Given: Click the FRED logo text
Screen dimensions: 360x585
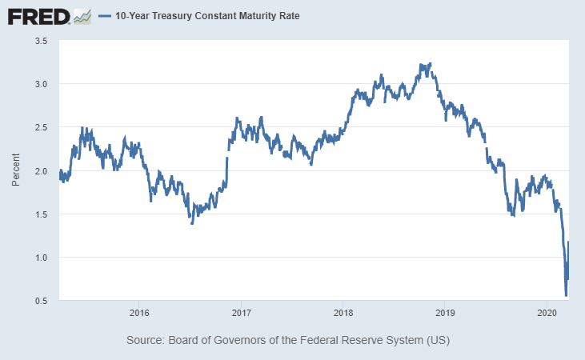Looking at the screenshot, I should (37, 15).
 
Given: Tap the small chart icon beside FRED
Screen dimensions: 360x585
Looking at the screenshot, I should (82, 15).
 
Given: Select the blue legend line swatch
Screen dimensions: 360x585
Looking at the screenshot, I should (104, 16).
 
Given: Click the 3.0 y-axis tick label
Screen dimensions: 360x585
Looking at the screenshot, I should (41, 84).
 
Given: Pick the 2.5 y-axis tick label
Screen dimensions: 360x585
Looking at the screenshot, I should (41, 127).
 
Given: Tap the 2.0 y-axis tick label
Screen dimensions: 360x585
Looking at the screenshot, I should (41, 170).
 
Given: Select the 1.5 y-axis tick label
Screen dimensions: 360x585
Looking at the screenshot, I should (41, 214).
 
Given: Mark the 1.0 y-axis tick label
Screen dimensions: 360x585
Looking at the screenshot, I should (41, 258).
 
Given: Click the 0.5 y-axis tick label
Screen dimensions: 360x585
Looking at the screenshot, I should (41, 301).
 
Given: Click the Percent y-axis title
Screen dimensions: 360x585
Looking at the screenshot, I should (15, 170).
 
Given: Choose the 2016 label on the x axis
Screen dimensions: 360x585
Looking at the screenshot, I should (139, 312).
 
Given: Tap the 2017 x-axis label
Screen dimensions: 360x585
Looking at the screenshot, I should (241, 312).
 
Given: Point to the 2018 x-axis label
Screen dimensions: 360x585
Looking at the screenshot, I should (343, 312).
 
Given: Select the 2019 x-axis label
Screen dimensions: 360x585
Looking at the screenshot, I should (444, 312).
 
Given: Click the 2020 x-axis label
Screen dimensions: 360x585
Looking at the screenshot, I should (546, 312).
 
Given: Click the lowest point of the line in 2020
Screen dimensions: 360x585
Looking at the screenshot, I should (566, 295).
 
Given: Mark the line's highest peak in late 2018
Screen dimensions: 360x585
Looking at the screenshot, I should (431, 64).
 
